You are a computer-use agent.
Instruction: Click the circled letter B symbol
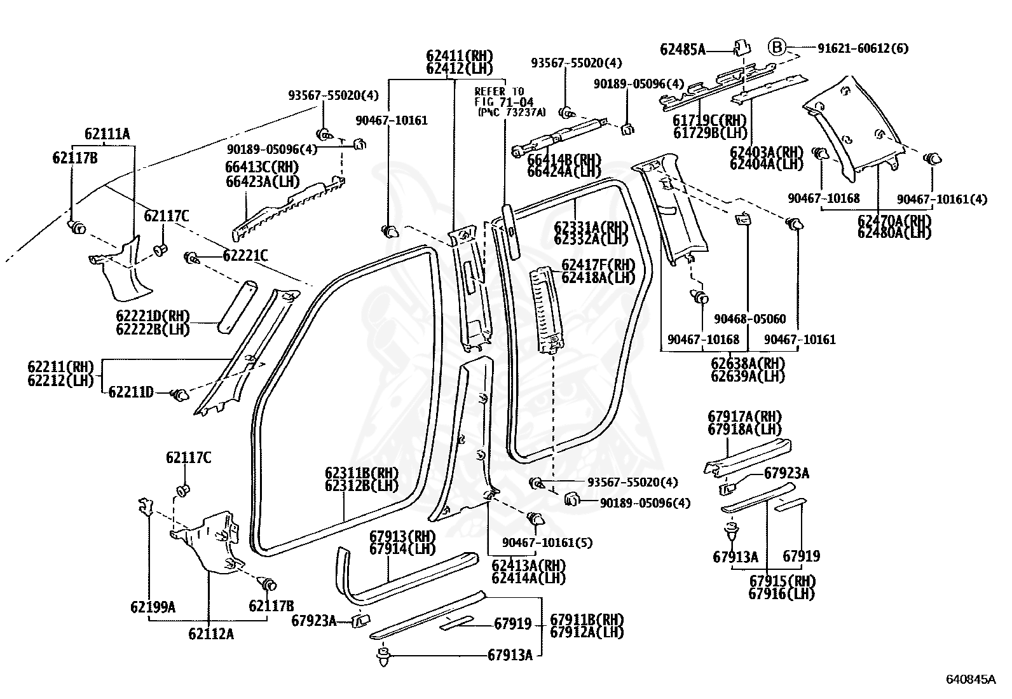click(x=777, y=47)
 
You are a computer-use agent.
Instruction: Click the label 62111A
click(x=107, y=134)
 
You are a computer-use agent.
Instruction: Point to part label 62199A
click(x=153, y=607)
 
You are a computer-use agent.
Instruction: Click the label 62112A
click(x=210, y=633)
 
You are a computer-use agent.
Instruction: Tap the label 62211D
click(x=130, y=392)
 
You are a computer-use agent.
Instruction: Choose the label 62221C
click(x=245, y=256)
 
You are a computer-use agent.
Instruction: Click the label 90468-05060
click(x=749, y=319)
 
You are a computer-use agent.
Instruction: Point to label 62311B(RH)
click(x=361, y=473)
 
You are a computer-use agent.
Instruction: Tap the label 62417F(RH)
click(x=598, y=265)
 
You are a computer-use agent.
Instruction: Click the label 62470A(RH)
click(x=894, y=221)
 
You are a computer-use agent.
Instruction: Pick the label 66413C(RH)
click(x=262, y=167)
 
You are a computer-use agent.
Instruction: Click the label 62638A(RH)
click(x=748, y=364)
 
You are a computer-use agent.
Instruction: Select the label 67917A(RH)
click(x=744, y=417)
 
